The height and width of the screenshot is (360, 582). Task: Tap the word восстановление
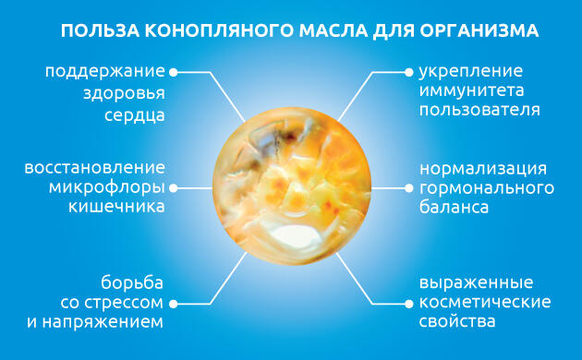tap(95, 169)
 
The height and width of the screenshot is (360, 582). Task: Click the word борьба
tap(133, 282)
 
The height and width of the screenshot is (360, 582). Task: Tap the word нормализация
tap(482, 169)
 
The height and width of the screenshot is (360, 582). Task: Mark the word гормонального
tap(487, 188)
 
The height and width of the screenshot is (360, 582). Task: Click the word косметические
tap(484, 302)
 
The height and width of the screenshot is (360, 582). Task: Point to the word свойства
tap(456, 322)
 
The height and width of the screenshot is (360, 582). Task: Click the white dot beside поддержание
tap(175, 70)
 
